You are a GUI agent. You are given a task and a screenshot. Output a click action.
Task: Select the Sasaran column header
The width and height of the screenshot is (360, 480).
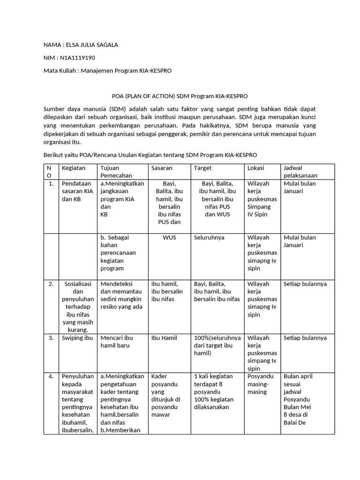pyautogui.click(x=162, y=168)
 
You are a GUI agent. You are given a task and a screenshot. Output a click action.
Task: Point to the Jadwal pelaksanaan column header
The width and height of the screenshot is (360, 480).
pyautogui.click(x=300, y=172)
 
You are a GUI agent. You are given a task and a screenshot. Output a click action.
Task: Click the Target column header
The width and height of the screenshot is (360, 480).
pyautogui.click(x=202, y=168)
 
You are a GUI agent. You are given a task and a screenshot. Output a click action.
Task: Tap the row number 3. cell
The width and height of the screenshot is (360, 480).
pyautogui.click(x=51, y=338)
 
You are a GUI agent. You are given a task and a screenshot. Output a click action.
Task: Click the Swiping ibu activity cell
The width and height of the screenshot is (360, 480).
pyautogui.click(x=77, y=338)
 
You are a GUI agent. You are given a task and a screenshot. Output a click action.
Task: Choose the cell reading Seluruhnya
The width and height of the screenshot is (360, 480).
pyautogui.click(x=209, y=238)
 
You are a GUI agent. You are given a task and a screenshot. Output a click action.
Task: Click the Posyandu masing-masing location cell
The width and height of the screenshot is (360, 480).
pyautogui.click(x=260, y=384)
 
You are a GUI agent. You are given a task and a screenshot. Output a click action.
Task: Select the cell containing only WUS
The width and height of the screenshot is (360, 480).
pyautogui.click(x=169, y=238)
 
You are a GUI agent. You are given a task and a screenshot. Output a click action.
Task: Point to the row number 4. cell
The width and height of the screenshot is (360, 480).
pyautogui.click(x=51, y=376)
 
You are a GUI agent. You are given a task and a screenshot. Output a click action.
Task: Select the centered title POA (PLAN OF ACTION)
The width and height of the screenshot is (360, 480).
pyautogui.click(x=143, y=96)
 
